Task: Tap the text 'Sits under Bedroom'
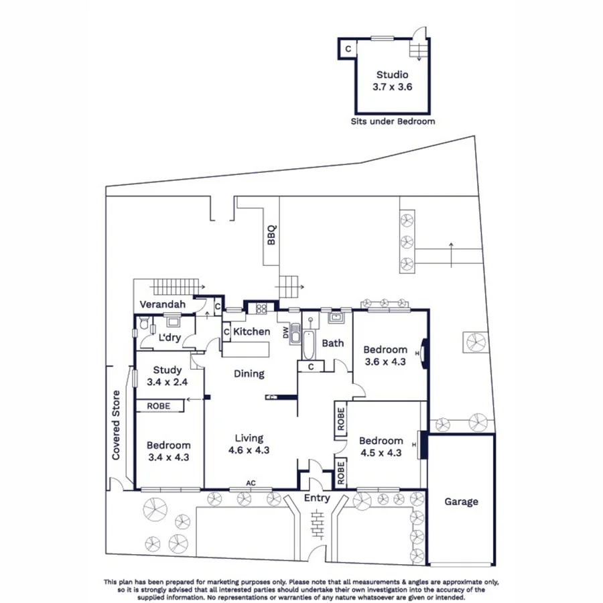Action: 393,121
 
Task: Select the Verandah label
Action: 162,305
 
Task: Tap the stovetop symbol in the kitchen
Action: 259,309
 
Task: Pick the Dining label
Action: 249,374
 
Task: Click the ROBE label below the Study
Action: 159,406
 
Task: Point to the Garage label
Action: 460,501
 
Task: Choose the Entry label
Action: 317,498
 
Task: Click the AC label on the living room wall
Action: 251,482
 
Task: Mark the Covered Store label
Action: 117,425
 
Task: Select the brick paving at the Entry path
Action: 318,522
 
